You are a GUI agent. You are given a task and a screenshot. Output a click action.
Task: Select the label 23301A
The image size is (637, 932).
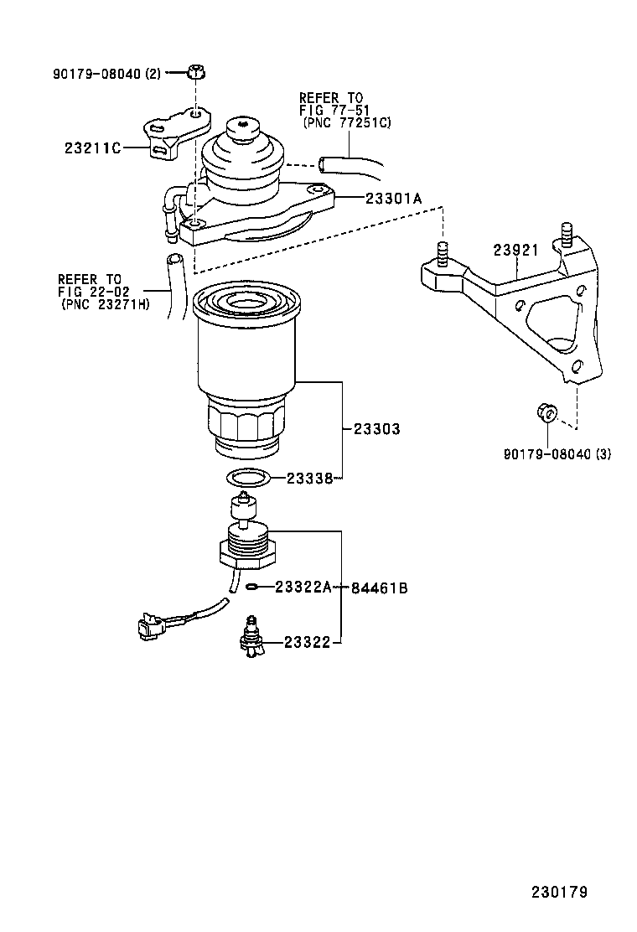pos(393,198)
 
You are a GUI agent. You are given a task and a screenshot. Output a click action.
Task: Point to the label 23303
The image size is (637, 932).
pos(376,428)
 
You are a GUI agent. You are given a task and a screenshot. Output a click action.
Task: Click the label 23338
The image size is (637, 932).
pos(310,479)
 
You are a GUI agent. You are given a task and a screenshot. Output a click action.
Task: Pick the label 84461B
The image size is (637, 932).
pos(379,588)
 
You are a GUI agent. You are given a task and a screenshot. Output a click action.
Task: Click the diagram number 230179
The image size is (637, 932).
pos(558,891)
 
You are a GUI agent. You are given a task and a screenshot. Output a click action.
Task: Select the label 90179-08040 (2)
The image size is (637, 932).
pos(106,74)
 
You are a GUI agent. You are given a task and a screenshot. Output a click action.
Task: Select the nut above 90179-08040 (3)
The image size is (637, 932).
pos(546,412)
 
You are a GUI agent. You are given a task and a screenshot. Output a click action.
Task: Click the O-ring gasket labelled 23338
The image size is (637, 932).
pos(248,479)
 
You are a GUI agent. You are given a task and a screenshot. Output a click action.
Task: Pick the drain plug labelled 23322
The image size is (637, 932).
pos(251,638)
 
